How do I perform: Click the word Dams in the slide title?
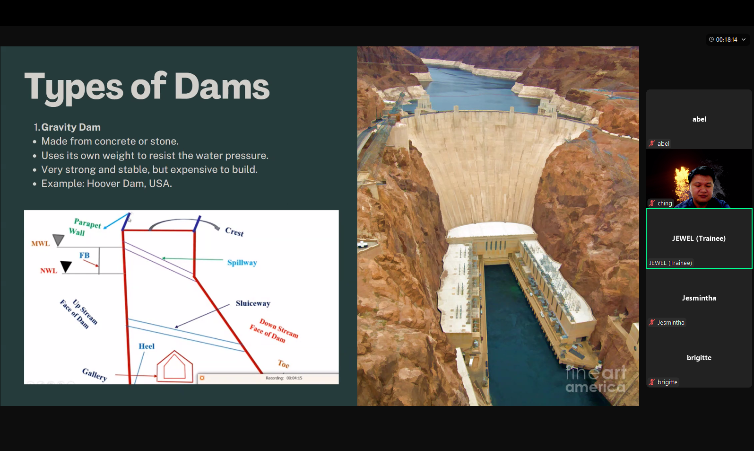coord(222,86)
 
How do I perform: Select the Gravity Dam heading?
coord(71,127)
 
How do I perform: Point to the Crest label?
coord(234,231)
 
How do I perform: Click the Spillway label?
coord(242,262)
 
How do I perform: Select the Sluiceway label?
coord(253,303)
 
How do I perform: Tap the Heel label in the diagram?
coord(147,346)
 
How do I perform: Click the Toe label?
coord(284,364)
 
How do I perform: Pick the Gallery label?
coord(95,374)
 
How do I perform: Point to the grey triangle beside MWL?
coord(59,239)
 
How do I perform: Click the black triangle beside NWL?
coord(66,266)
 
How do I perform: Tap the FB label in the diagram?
coord(85,255)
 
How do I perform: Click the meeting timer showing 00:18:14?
coord(727,39)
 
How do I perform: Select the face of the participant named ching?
coord(702,186)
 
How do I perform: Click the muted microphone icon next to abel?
coord(652,143)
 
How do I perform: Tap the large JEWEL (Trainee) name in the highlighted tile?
coord(699,239)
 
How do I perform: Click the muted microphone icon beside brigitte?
coord(652,382)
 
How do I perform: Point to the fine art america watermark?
coord(596,380)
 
